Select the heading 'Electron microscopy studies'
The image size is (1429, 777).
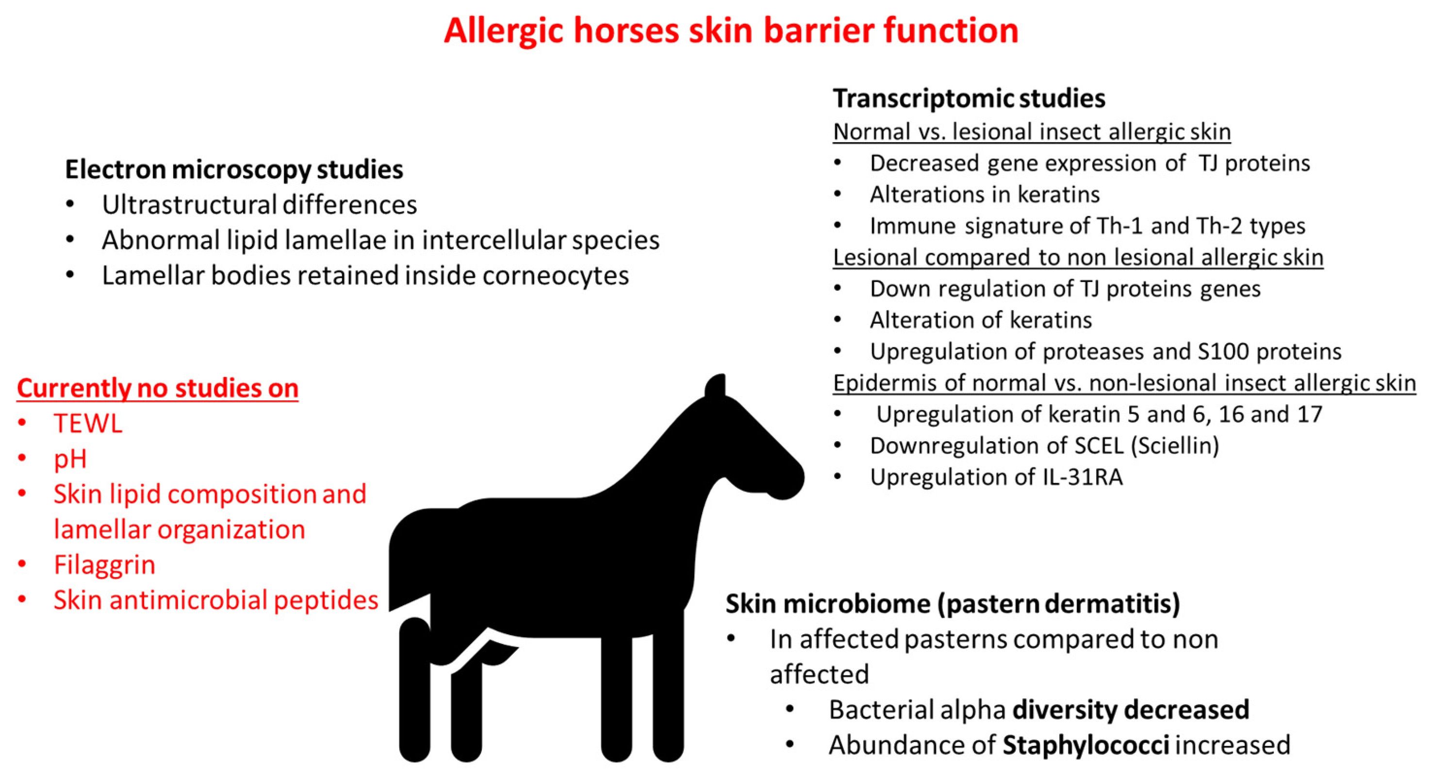pyautogui.click(x=234, y=169)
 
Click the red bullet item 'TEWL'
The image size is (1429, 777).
pyautogui.click(x=88, y=424)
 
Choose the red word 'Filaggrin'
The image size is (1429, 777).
pyautogui.click(x=104, y=565)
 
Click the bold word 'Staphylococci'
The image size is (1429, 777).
pyautogui.click(x=1086, y=745)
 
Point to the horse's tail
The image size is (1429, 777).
pyautogui.click(x=411, y=561)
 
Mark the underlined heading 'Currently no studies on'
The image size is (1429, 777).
pyautogui.click(x=158, y=388)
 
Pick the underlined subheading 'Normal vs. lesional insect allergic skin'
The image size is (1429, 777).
pyautogui.click(x=1032, y=132)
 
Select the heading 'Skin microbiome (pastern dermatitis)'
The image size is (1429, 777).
pyautogui.click(x=953, y=604)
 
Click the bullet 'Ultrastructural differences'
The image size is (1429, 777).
pyautogui.click(x=259, y=205)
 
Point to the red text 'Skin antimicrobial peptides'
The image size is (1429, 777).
pyautogui.click(x=216, y=600)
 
